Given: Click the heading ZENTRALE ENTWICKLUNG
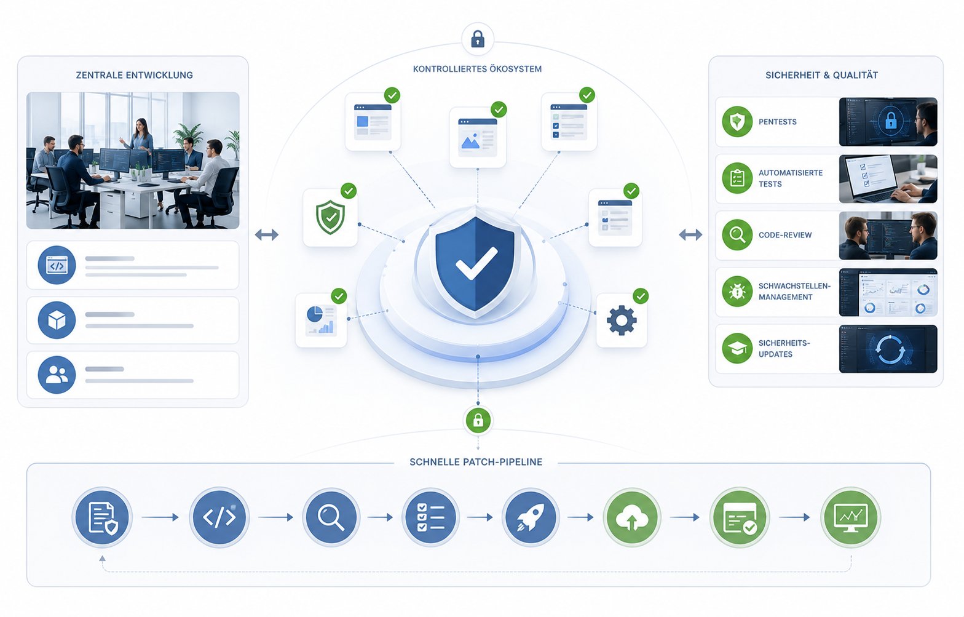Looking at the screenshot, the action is click(134, 75).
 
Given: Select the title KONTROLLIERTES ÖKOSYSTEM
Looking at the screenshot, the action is click(477, 69).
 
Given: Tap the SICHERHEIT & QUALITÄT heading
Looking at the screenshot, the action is click(821, 75).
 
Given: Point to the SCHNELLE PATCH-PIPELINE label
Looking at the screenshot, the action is click(476, 462).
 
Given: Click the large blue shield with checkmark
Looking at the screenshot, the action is click(475, 263).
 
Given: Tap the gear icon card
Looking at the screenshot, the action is click(622, 320).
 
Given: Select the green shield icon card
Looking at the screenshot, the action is click(330, 217).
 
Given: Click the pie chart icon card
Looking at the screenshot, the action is click(321, 320).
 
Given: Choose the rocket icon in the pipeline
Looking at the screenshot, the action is click(530, 517).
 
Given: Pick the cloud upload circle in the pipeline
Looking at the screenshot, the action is click(632, 517).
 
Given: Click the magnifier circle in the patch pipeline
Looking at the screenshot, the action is click(331, 517).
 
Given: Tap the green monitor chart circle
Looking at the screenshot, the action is click(850, 517).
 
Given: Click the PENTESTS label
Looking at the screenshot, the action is click(777, 122).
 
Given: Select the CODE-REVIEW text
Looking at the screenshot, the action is click(785, 235).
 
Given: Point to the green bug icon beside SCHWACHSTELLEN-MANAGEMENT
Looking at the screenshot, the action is click(737, 292).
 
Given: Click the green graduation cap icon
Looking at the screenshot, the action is click(737, 348).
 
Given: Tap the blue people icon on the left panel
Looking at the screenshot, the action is click(57, 375).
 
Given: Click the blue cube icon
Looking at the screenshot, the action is click(57, 320).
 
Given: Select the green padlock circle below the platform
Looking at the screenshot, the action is click(478, 420).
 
